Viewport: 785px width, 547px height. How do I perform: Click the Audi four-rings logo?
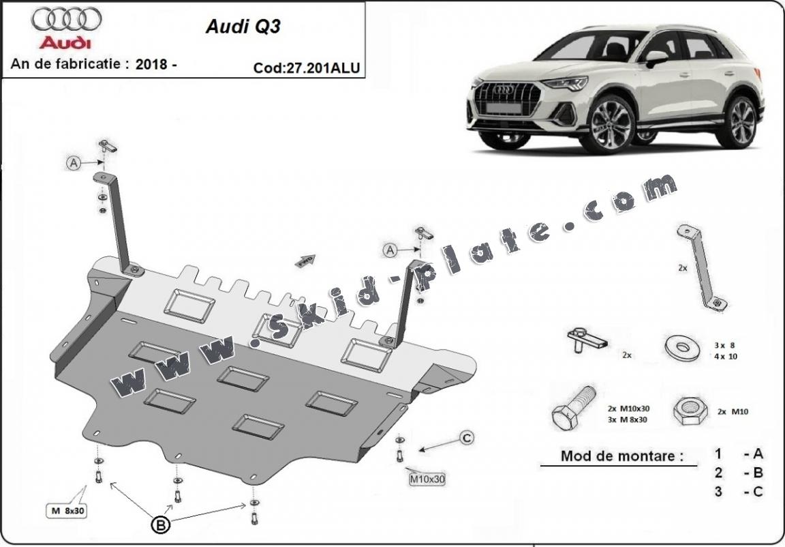click(x=66, y=19)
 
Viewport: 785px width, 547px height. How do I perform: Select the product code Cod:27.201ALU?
click(x=306, y=68)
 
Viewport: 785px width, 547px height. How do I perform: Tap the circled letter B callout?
click(x=160, y=524)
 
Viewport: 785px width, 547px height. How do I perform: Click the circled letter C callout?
click(x=466, y=438)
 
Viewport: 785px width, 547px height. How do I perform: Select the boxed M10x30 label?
click(x=427, y=479)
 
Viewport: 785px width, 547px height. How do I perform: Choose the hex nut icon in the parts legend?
click(x=690, y=410)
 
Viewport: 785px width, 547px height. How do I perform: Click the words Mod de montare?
click(x=621, y=456)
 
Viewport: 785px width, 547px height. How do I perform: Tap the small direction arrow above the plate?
click(x=305, y=260)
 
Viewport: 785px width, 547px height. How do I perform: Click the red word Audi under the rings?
click(x=65, y=43)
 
